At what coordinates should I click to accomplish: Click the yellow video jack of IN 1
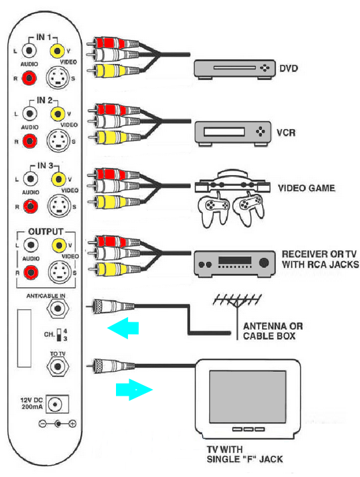coord(57,51)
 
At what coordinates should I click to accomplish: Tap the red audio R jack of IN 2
coord(29,141)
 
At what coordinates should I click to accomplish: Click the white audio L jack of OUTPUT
coord(31,245)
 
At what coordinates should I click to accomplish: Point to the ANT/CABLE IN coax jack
coord(57,309)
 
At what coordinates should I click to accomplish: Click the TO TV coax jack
coord(57,366)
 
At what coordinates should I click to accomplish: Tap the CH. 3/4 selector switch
coord(59,334)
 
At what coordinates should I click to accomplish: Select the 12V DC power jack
coord(57,404)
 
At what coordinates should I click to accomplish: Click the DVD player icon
coord(235,69)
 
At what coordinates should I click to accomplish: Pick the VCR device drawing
coord(233,133)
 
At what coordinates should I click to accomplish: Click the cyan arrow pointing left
coord(123,328)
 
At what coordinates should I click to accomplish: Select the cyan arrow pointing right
coord(134,390)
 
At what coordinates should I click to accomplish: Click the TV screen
coord(247,396)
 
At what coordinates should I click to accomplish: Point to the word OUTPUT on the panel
coord(45,232)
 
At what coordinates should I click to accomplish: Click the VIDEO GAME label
coord(307,189)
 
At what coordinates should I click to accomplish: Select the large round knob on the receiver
coord(263,262)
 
